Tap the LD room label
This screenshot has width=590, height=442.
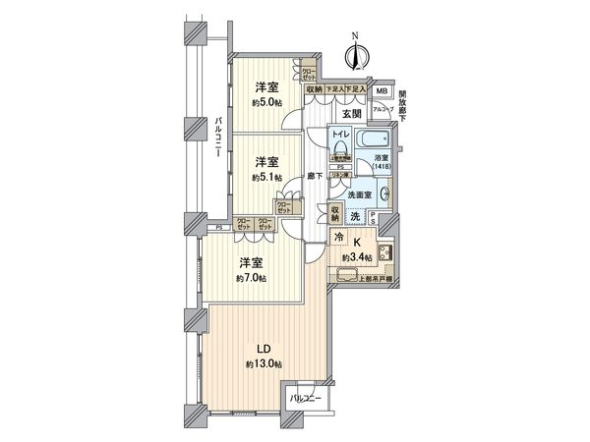pos(265,349)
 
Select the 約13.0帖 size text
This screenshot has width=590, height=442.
pos(265,365)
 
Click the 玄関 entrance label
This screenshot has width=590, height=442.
pos(352,112)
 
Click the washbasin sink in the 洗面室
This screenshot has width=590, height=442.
pos(384,194)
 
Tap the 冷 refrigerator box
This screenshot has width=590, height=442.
pos(339,239)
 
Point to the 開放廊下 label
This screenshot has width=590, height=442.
pos(409,104)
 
